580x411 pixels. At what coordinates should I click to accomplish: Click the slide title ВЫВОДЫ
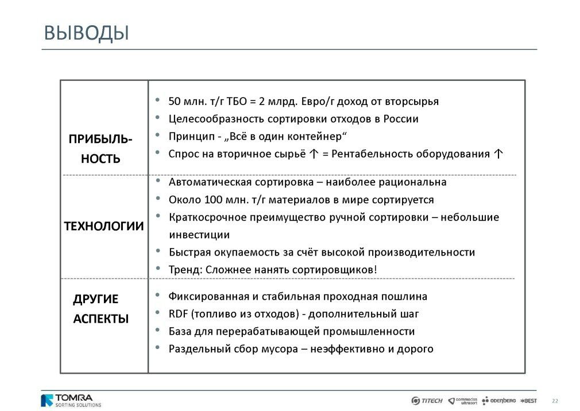(87, 33)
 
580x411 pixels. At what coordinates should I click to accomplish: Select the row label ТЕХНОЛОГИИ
(103, 226)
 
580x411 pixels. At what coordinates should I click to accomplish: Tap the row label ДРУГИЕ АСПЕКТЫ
(100, 309)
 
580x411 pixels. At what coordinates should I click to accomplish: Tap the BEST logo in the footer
(528, 401)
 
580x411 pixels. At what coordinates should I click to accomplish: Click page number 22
(555, 401)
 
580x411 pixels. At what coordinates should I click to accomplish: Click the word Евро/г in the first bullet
(318, 102)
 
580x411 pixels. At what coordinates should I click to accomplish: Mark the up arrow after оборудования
(498, 154)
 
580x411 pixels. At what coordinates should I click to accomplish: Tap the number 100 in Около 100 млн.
(211, 200)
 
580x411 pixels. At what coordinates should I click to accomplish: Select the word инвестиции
(199, 235)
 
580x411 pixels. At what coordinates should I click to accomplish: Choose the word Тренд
(183, 269)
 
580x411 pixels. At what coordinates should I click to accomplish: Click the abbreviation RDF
(178, 314)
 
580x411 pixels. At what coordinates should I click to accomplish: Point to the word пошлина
(406, 297)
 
